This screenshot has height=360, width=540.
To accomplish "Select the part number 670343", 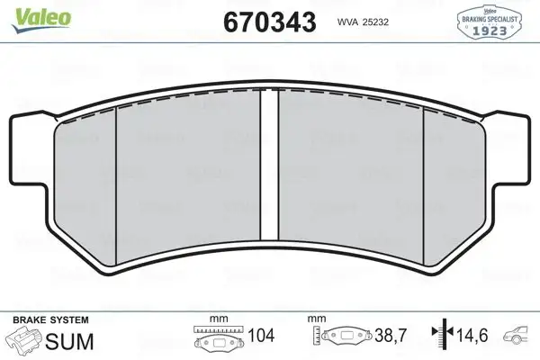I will (x=267, y=21).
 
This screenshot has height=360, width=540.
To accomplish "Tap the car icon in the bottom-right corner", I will (x=521, y=338).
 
